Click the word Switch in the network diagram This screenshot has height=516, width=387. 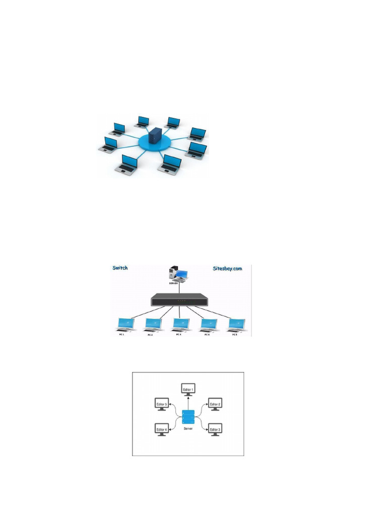click(120, 268)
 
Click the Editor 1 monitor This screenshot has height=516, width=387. click(188, 390)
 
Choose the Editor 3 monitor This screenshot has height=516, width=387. click(215, 429)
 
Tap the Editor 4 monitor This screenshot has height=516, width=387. click(162, 429)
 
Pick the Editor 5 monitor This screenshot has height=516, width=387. click(162, 404)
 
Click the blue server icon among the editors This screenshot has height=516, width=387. click(188, 418)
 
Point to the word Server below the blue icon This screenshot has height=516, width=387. click(188, 429)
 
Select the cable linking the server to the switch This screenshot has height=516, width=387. click(180, 288)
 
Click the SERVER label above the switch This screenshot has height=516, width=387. click(174, 283)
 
